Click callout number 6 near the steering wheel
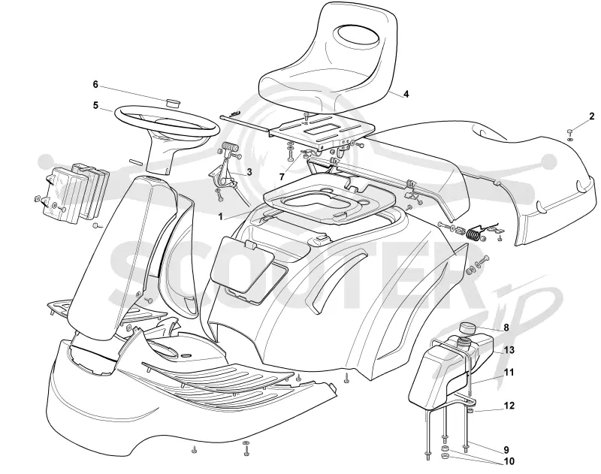[95, 84]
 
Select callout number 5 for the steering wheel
[96, 105]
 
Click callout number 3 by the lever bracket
[249, 172]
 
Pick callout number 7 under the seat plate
[282, 177]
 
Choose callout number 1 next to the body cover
[220, 217]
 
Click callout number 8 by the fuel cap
[506, 328]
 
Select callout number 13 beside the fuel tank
[509, 350]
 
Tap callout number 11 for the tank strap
[509, 372]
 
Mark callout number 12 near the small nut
[509, 406]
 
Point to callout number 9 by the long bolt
[506, 450]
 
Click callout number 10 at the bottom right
[509, 461]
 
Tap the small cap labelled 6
[174, 103]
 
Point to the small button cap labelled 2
[570, 131]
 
